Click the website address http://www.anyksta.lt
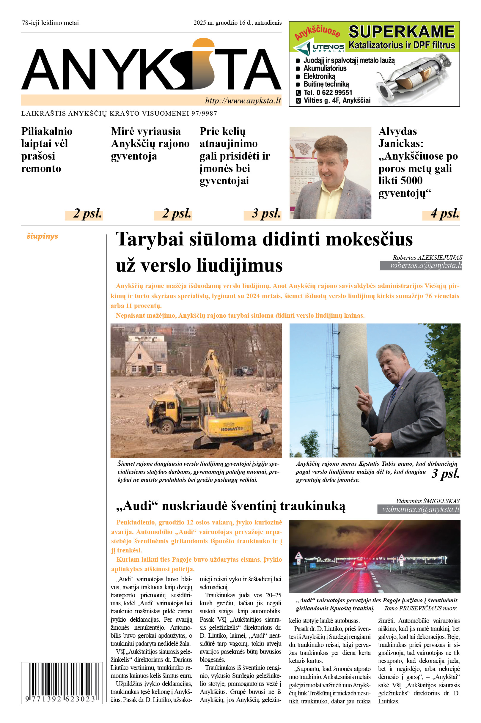click(x=243, y=100)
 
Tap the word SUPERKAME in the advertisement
click(x=402, y=32)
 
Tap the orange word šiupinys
click(x=42, y=236)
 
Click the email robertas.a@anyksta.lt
click(x=426, y=266)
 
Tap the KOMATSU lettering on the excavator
click(x=232, y=428)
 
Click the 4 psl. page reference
click(x=445, y=213)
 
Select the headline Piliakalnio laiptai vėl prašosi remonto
click(x=47, y=150)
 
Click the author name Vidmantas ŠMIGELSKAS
click(x=427, y=501)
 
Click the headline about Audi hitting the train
click(x=230, y=506)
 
